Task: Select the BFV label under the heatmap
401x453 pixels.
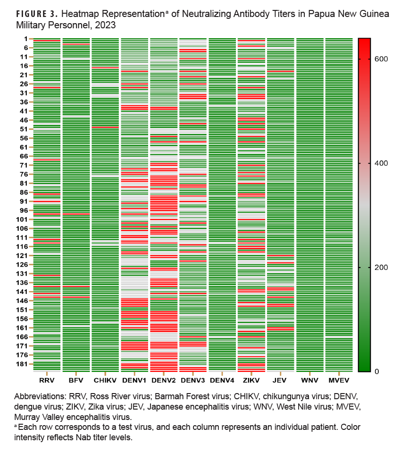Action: point(75,379)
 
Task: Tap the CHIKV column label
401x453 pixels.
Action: point(105,379)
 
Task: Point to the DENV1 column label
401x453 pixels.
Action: point(134,379)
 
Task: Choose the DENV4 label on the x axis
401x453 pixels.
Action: point(222,379)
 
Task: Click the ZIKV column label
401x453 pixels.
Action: point(251,379)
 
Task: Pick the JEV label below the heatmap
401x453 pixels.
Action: point(280,379)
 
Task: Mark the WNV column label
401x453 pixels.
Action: point(309,379)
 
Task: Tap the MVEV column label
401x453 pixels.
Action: point(339,379)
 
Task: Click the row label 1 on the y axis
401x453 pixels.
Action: point(25,39)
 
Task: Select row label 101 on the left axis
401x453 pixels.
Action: point(22,219)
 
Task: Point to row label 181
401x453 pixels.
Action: point(22,364)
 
